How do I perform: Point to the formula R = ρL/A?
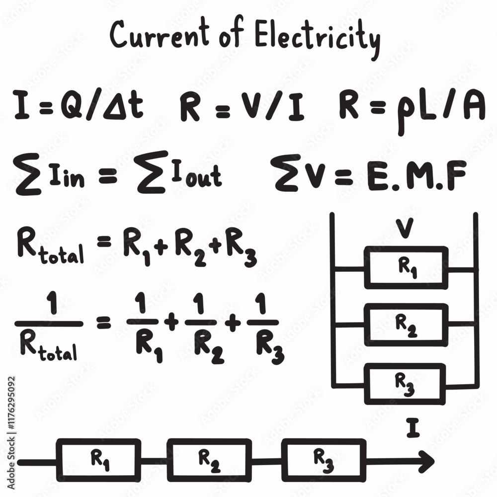[412, 109]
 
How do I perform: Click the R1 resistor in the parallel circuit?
[406, 267]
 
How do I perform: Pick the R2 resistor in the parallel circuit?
[406, 325]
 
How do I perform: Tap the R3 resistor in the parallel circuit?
[405, 383]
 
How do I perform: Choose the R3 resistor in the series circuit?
[323, 460]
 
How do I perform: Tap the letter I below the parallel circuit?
[412, 428]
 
